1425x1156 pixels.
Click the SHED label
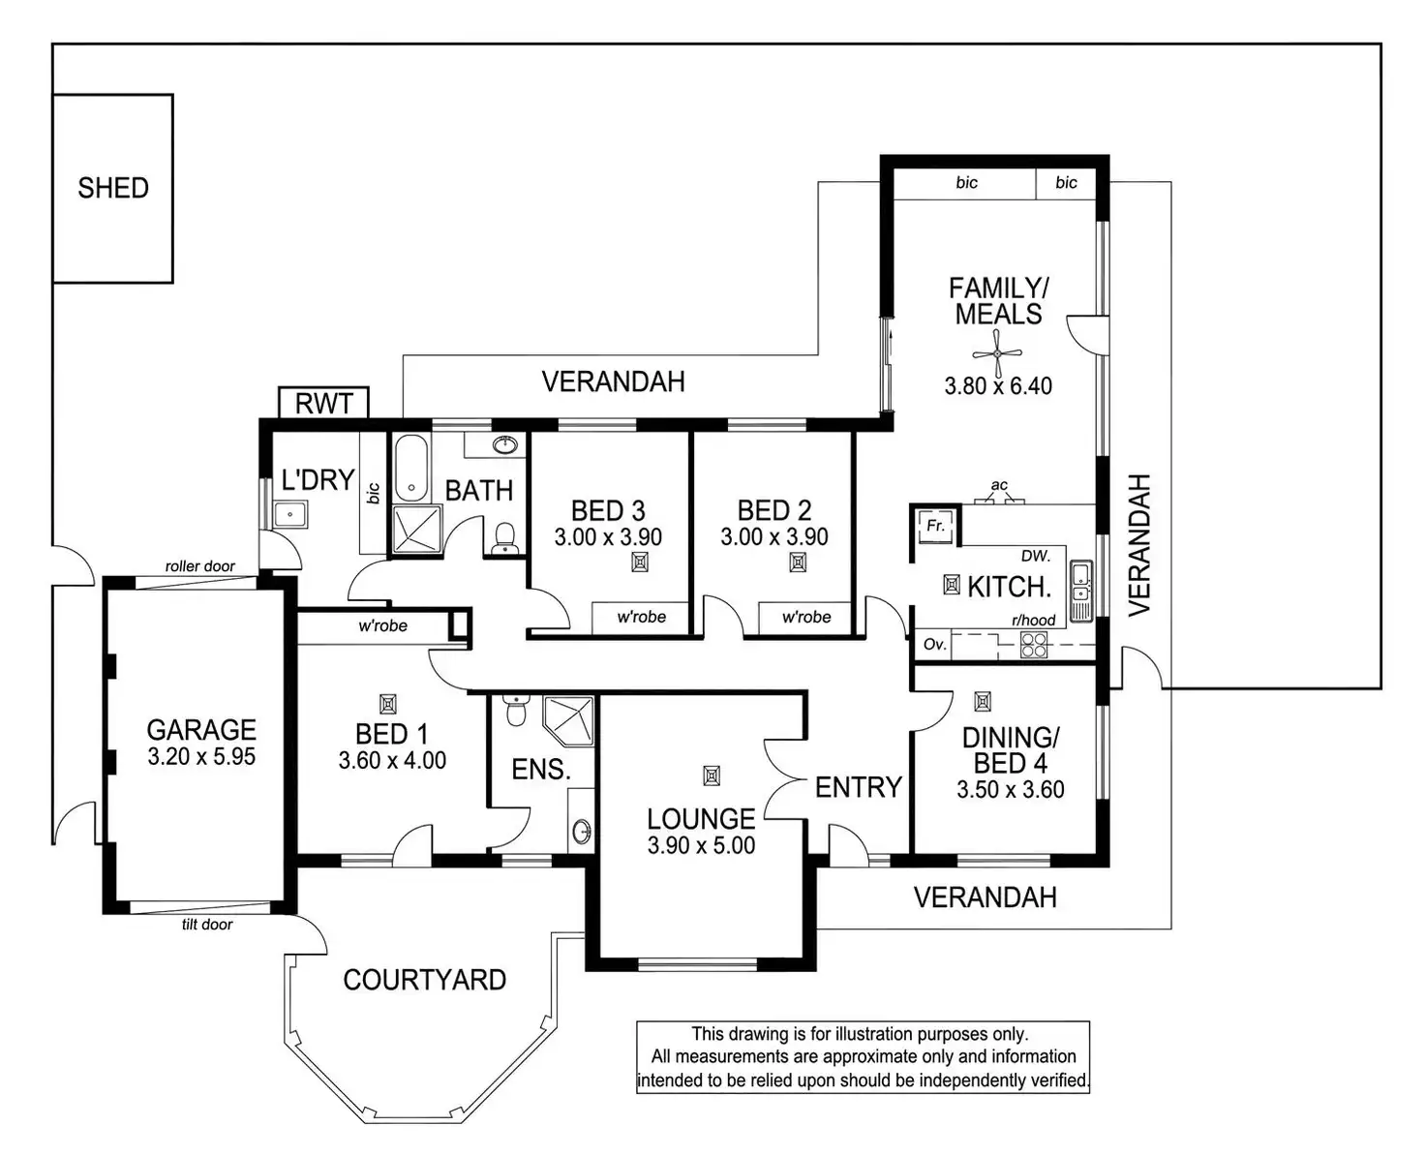[113, 188]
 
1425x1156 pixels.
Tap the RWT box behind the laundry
[323, 403]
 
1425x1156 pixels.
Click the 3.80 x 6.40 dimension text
[998, 386]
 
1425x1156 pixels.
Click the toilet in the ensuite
[515, 712]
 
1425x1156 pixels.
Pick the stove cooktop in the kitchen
[1034, 645]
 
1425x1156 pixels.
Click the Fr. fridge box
[935, 527]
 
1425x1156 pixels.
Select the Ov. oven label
[934, 645]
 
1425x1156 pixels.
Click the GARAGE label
[201, 730]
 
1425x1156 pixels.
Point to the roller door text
[199, 566]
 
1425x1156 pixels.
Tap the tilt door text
[207, 925]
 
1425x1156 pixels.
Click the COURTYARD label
[424, 980]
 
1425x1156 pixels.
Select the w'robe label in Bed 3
[641, 617]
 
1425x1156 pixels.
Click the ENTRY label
[858, 788]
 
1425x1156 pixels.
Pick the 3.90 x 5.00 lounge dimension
[701, 845]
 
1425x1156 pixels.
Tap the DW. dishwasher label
[1035, 557]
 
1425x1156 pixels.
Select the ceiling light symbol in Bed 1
[388, 704]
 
